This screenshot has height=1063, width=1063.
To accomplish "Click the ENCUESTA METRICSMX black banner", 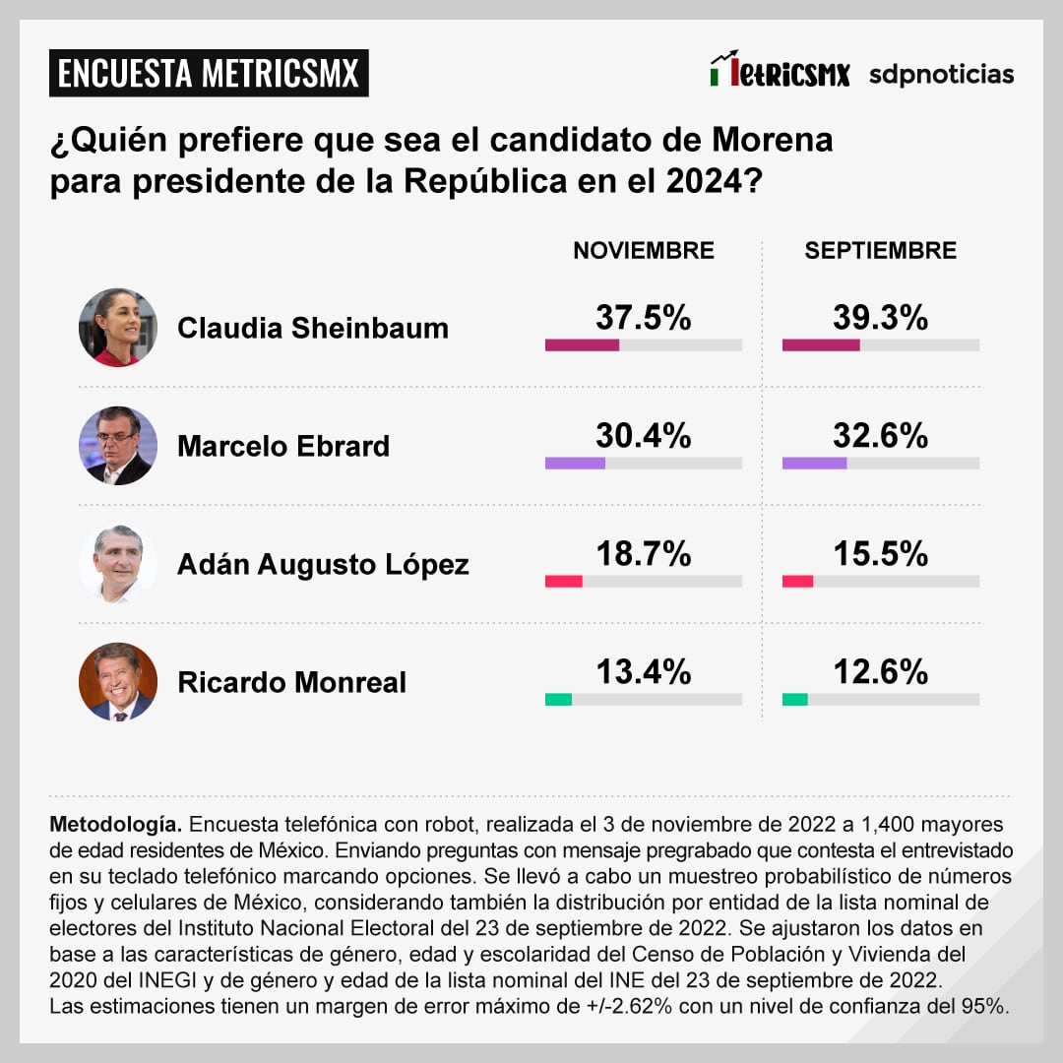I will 209,74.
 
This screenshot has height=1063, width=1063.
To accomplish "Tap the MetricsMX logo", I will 780,72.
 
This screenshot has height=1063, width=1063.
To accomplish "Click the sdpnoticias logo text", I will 940,75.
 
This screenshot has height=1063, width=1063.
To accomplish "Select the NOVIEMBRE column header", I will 644,250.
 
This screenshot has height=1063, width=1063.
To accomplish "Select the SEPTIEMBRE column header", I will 880,250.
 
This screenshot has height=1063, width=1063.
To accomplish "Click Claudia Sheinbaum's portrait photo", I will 118,328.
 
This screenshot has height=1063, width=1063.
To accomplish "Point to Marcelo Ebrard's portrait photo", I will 118,446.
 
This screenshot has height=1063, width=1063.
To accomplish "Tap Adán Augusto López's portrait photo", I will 118,564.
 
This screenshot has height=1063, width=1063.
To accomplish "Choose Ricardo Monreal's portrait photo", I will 118,682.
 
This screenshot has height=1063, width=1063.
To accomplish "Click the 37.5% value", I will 644,318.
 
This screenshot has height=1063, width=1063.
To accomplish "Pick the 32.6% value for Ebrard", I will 880,436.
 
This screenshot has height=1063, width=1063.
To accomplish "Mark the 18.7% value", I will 644,554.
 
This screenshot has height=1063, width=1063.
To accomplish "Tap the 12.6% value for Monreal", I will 880,672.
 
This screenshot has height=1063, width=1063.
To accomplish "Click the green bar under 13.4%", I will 558,700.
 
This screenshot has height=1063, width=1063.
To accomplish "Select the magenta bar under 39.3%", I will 821,345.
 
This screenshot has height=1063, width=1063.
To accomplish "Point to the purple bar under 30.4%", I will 575,464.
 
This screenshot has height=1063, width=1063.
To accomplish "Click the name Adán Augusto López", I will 323,565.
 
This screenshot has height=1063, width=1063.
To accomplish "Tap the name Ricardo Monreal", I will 291,683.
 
